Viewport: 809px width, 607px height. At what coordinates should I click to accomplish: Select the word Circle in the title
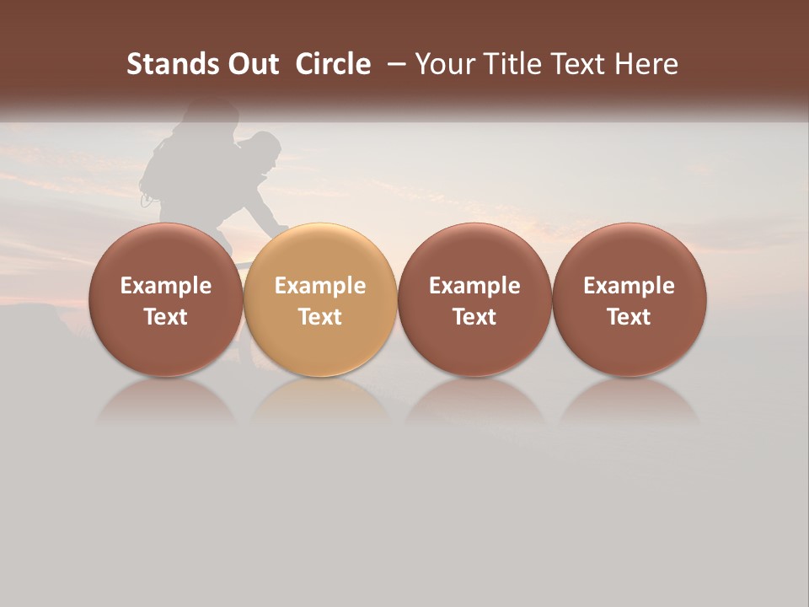(x=333, y=64)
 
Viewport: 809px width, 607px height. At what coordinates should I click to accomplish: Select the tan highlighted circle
(x=320, y=300)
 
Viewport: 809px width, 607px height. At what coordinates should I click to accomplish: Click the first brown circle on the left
(x=165, y=300)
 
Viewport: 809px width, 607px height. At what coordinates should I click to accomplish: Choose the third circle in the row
(x=474, y=300)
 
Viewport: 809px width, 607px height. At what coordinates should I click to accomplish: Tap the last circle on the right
(x=630, y=300)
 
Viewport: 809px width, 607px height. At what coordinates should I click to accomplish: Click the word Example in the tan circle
(x=320, y=286)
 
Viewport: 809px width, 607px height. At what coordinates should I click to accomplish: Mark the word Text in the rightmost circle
(x=630, y=317)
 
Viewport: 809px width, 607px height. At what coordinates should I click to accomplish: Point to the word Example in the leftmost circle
(x=165, y=286)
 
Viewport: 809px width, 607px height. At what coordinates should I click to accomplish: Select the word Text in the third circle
(x=474, y=317)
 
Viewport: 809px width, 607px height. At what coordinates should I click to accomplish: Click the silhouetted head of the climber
(x=264, y=148)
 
